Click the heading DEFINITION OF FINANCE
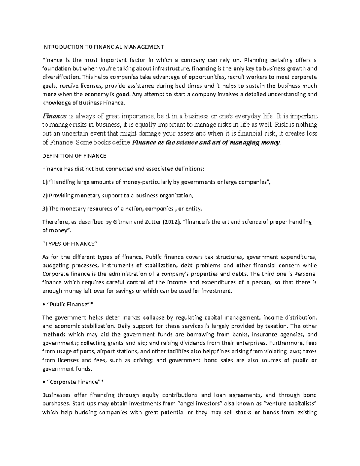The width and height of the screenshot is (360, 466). click(74, 156)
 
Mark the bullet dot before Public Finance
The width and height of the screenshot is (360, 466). click(43, 305)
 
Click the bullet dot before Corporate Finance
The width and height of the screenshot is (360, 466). click(43, 382)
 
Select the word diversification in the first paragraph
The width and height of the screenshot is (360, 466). click(59, 77)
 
